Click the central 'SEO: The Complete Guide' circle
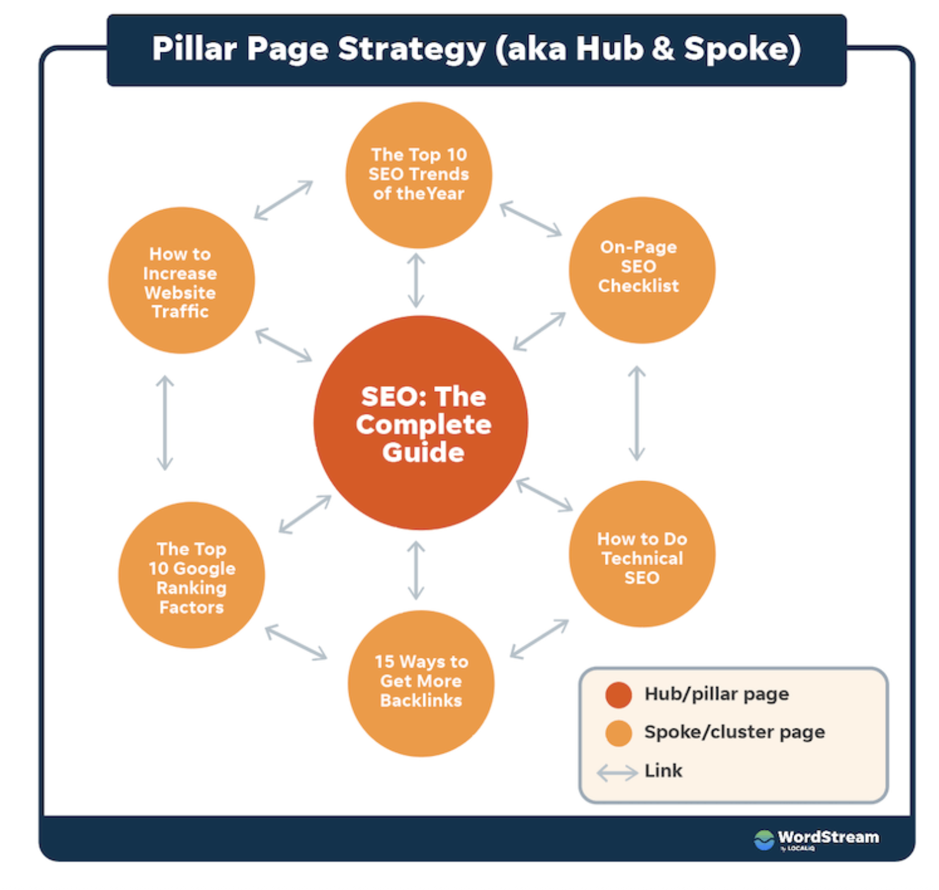pyautogui.click(x=421, y=423)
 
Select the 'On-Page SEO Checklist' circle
pyautogui.click(x=642, y=270)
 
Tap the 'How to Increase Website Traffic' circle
pyautogui.click(x=182, y=280)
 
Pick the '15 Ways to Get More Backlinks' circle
pyautogui.click(x=421, y=683)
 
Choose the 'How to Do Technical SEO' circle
pyautogui.click(x=642, y=554)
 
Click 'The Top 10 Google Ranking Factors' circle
pyautogui.click(x=192, y=575)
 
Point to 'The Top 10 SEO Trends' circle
pyautogui.click(x=419, y=175)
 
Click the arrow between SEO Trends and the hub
pyautogui.click(x=416, y=280)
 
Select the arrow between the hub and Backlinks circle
pyautogui.click(x=416, y=570)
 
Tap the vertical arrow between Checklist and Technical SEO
pyautogui.click(x=637, y=413)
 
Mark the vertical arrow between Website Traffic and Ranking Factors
pyautogui.click(x=165, y=423)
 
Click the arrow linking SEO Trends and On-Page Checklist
pyautogui.click(x=531, y=219)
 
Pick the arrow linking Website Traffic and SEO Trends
pyautogui.click(x=283, y=200)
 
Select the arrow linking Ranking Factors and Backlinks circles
pyautogui.click(x=296, y=642)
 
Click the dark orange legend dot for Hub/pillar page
pyautogui.click(x=618, y=694)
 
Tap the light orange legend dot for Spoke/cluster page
pyautogui.click(x=618, y=733)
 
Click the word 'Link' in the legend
pyautogui.click(x=663, y=771)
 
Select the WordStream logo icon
pyautogui.click(x=764, y=840)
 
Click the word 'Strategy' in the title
pyautogui.click(x=411, y=49)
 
